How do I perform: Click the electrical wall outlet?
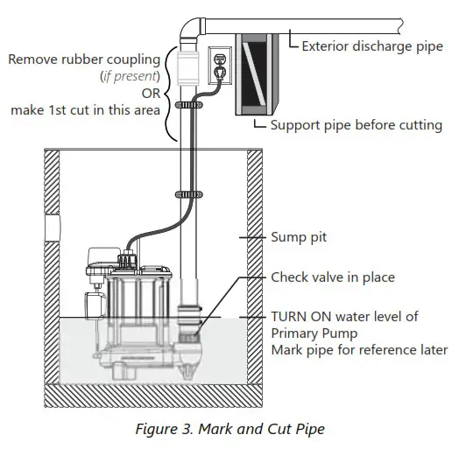[x=220, y=66]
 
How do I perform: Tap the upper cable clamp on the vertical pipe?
[x=185, y=105]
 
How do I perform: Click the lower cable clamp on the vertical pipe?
[x=185, y=193]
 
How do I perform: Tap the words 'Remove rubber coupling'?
[x=85, y=60]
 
